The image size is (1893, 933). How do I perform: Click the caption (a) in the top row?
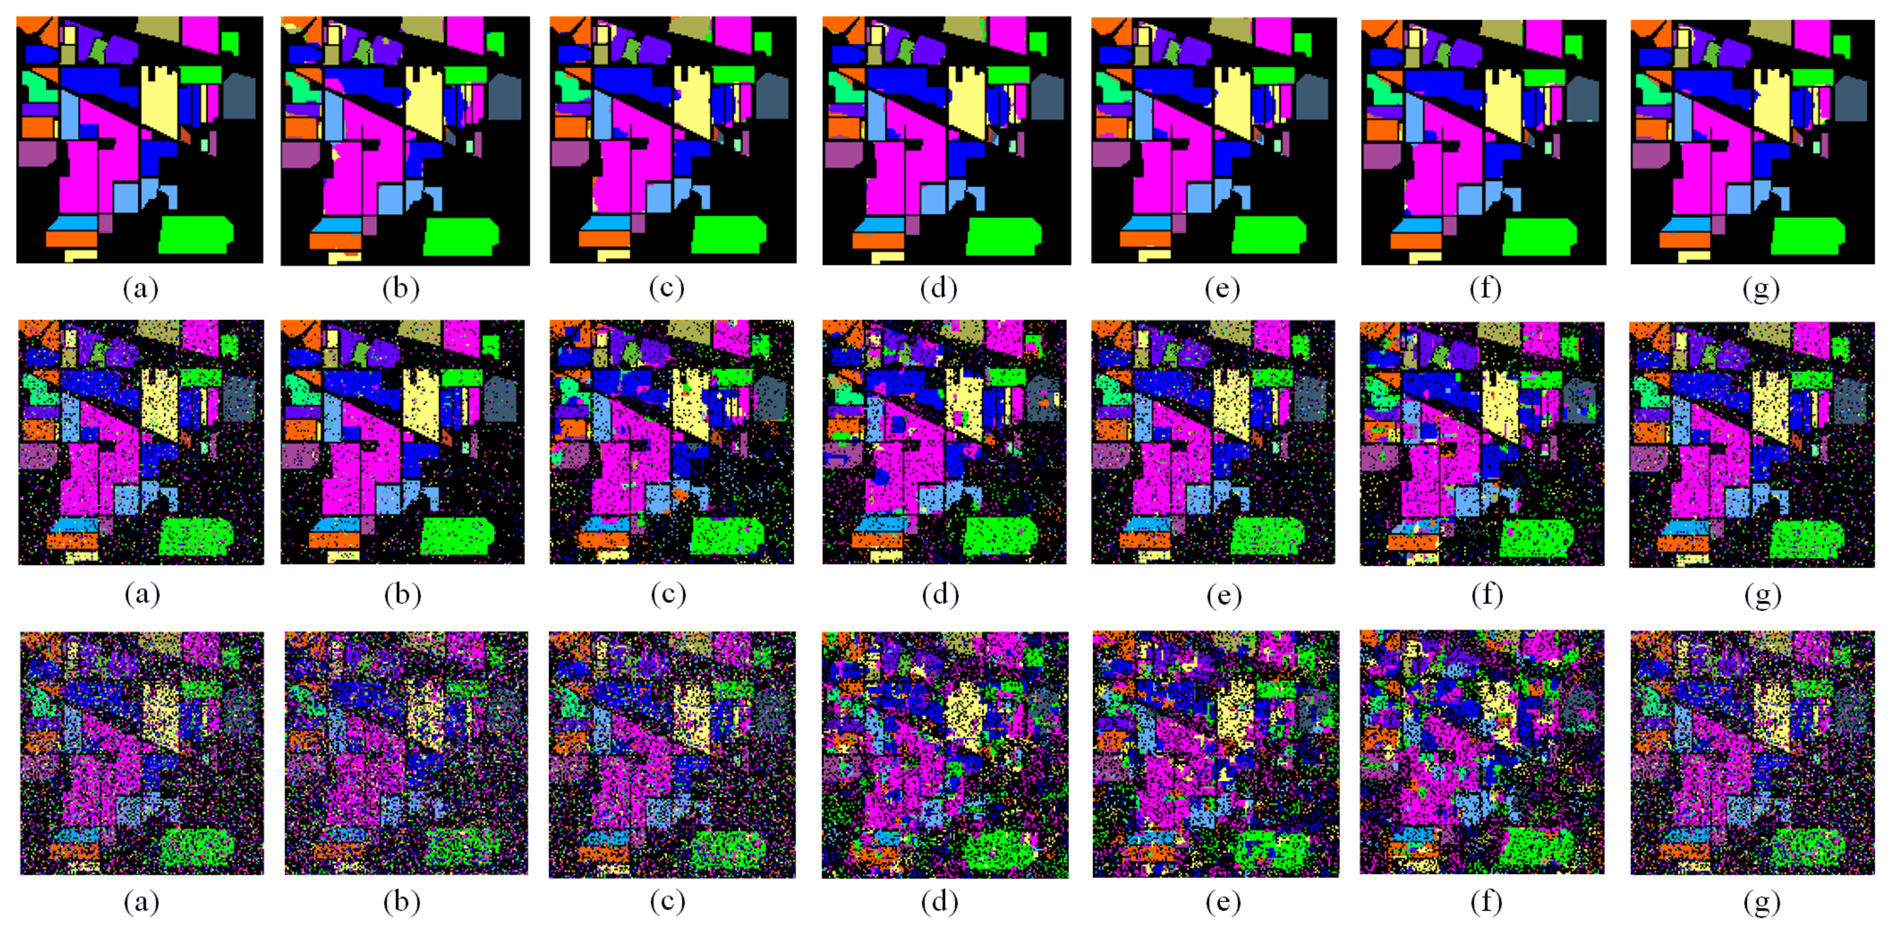coord(141,288)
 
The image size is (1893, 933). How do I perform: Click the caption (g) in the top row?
coord(1761,288)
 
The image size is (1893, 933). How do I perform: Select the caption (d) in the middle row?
coord(940,594)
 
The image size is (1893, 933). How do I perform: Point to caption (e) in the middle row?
coord(1223,594)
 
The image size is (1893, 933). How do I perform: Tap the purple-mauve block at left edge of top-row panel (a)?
coord(35,153)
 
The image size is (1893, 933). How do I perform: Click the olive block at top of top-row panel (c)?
coord(689,28)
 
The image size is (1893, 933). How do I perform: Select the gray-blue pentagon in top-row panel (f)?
coord(1582,100)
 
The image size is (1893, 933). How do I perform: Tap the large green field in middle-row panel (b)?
coord(458,536)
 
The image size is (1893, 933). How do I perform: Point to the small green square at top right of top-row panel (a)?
coord(230,41)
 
